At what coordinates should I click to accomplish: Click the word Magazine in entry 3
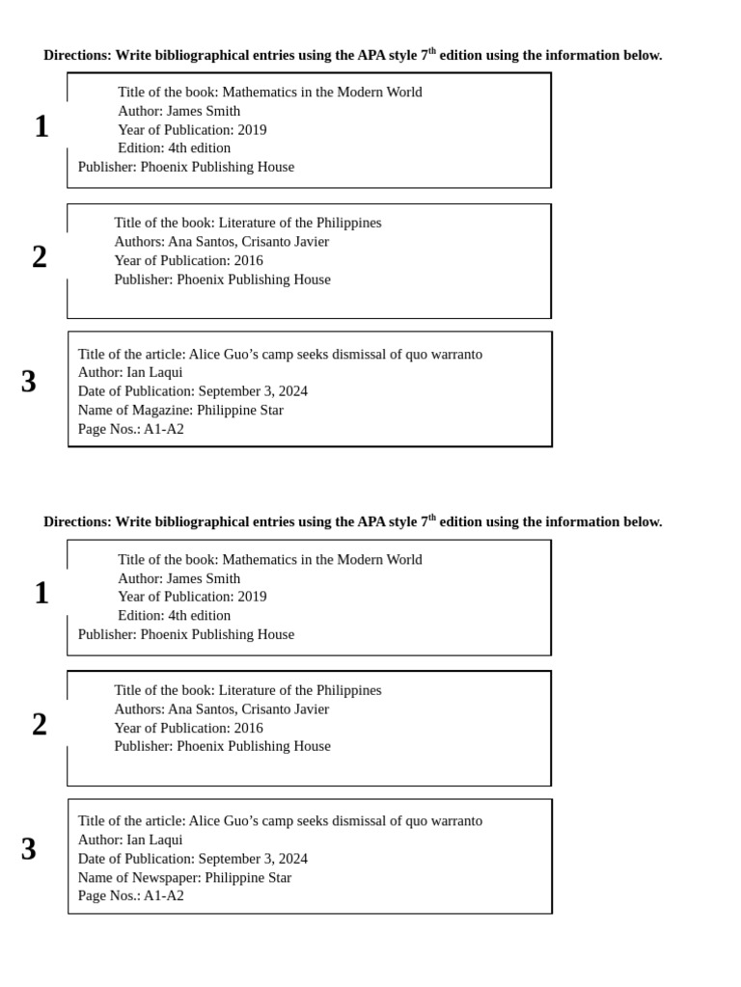162,410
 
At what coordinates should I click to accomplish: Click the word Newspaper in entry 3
166,877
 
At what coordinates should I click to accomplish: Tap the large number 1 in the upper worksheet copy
41,126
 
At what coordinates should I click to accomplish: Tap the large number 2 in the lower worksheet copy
40,724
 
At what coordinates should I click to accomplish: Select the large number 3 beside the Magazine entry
29,382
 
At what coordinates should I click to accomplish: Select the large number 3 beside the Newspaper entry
29,849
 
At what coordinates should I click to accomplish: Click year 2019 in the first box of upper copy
252,129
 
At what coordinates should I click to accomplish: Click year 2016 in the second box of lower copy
248,728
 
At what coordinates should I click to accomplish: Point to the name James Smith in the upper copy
203,111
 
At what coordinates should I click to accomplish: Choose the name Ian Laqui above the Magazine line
154,372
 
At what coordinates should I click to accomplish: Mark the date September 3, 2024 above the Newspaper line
253,859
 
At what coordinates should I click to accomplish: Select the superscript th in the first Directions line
432,50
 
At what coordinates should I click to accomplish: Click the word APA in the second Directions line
371,521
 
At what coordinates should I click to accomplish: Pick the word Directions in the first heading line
77,55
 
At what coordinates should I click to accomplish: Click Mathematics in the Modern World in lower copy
322,559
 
